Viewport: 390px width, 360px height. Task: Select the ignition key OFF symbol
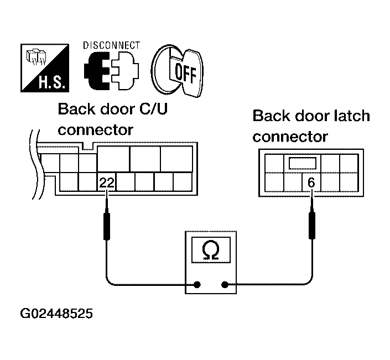pyautogui.click(x=178, y=69)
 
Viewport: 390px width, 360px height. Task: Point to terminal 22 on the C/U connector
pyautogui.click(x=107, y=182)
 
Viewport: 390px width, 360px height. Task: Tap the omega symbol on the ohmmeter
pyautogui.click(x=211, y=251)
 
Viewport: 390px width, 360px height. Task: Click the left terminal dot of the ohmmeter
pyautogui.click(x=196, y=285)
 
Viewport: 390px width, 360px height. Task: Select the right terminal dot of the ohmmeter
pyautogui.click(x=225, y=285)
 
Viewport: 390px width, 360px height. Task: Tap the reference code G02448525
pyautogui.click(x=56, y=315)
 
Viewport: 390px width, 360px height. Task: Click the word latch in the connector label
pyautogui.click(x=352, y=117)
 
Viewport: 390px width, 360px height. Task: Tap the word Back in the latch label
pyautogui.click(x=271, y=117)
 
